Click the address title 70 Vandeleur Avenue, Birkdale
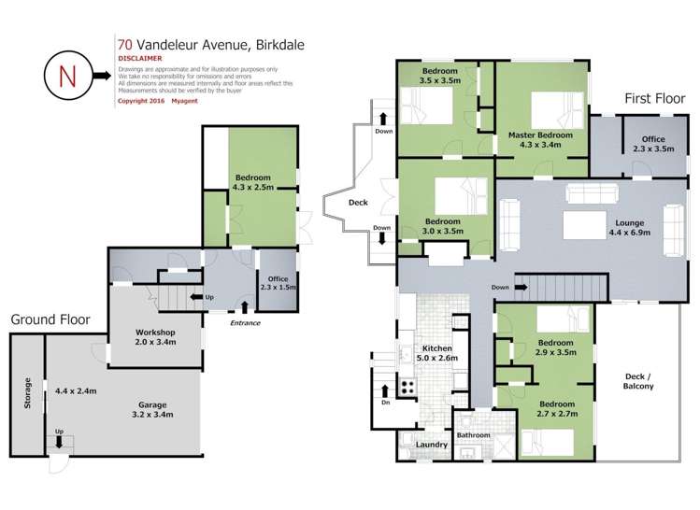[x=210, y=43]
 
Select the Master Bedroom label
[x=539, y=139]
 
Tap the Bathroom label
[x=473, y=435]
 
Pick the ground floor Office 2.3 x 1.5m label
[x=277, y=284]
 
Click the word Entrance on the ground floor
[x=245, y=323]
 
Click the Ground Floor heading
[x=50, y=319]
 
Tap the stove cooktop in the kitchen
[x=408, y=386]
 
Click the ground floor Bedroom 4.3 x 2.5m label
[x=252, y=183]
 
